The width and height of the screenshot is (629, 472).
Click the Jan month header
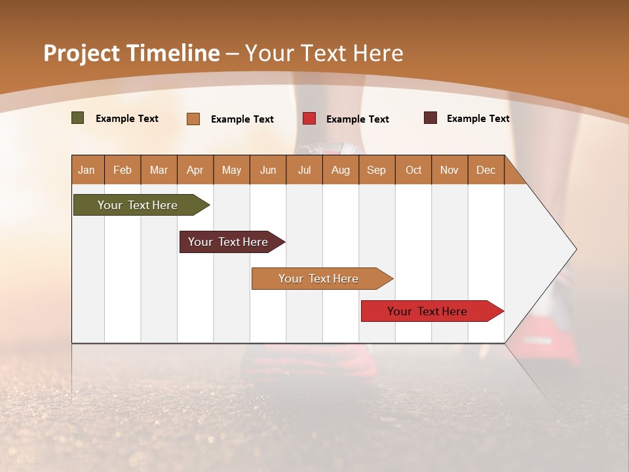click(x=86, y=170)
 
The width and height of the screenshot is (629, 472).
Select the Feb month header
click(x=123, y=170)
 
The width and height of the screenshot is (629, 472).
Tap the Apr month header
click(x=195, y=170)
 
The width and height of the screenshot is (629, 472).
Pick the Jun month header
click(x=268, y=170)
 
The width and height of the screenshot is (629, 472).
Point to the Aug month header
click(x=340, y=170)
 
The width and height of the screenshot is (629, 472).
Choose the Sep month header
click(x=376, y=170)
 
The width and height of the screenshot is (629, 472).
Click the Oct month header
click(x=413, y=170)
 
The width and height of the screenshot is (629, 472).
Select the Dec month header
click(x=486, y=170)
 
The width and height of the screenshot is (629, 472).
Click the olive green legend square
click(x=78, y=118)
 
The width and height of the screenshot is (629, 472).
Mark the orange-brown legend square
click(x=193, y=119)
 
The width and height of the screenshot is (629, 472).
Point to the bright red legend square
click(x=309, y=119)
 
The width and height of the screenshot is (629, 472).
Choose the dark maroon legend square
click(x=430, y=118)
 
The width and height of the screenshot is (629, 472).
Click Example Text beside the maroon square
click(x=478, y=119)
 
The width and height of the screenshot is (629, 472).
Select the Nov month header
click(x=449, y=170)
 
